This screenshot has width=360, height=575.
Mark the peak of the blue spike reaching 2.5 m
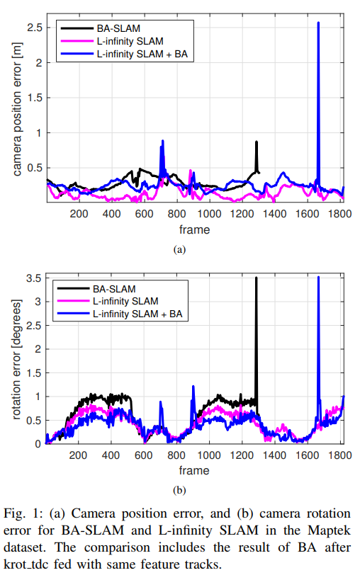318,23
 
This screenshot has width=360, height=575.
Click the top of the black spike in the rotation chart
256,278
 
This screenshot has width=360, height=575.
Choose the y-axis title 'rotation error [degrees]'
16,360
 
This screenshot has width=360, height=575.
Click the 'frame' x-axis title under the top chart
194,229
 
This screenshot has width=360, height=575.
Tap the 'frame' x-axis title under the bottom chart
194,470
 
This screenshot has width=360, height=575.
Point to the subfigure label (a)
179,249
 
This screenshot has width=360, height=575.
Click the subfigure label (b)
179,489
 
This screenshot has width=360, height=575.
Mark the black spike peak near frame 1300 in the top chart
256,142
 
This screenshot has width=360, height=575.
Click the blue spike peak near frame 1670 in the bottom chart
318,278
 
